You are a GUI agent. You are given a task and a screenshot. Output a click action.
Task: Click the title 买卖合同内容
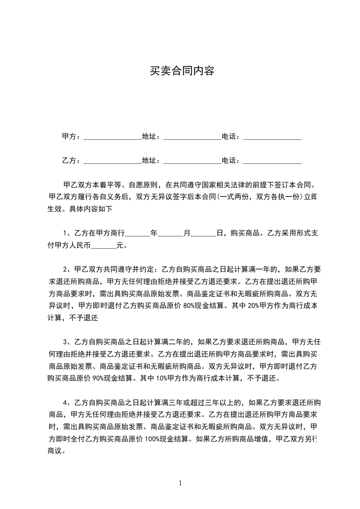click(182, 71)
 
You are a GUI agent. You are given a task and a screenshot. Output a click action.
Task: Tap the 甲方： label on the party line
click(71, 137)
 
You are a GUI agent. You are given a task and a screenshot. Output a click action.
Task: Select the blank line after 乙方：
click(113, 161)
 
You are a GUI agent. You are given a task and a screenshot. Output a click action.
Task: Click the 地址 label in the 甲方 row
click(151, 137)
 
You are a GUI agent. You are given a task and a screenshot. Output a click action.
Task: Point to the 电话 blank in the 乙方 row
click(272, 161)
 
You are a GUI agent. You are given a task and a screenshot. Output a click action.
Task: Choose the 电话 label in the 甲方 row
click(231, 137)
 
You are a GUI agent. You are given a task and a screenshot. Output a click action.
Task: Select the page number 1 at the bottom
click(180, 483)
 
